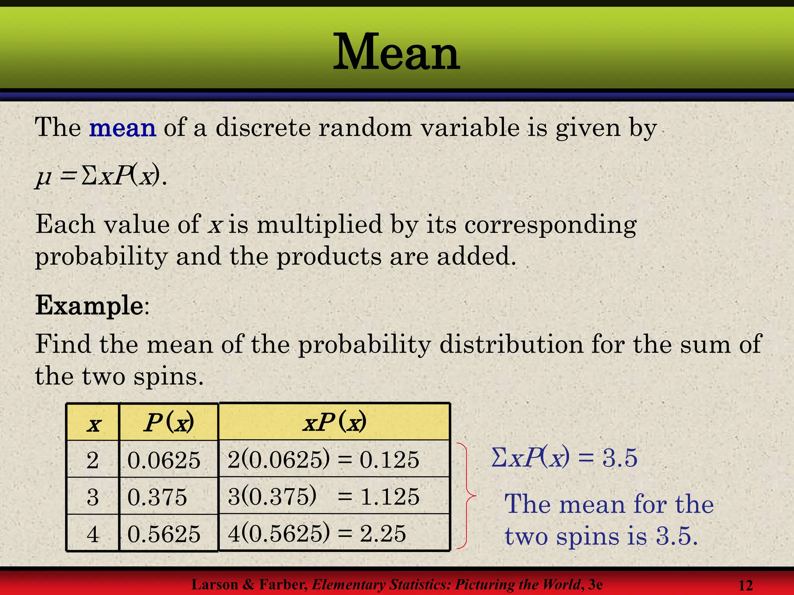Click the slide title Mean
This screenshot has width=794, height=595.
(x=397, y=52)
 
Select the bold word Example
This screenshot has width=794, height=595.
(x=90, y=306)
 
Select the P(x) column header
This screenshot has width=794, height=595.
(x=169, y=423)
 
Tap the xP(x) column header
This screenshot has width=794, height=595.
(x=334, y=422)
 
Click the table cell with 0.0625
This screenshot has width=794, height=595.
(x=164, y=460)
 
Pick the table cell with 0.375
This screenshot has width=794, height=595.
(x=157, y=497)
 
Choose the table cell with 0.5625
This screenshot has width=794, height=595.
(x=164, y=534)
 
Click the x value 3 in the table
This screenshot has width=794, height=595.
(x=93, y=497)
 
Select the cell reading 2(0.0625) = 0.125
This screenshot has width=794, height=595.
(x=323, y=459)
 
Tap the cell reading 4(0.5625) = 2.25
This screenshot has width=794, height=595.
(x=317, y=533)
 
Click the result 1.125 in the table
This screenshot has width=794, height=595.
(x=390, y=497)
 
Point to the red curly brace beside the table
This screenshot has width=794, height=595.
(x=467, y=495)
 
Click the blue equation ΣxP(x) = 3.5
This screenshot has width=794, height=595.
(x=564, y=457)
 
